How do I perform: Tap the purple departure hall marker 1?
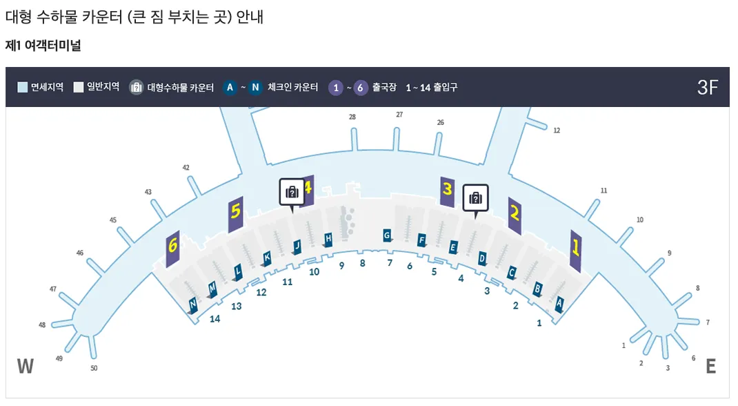pyautogui.click(x=575, y=251)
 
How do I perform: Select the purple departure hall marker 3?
pyautogui.click(x=447, y=191)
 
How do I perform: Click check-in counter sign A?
pyautogui.click(x=559, y=302)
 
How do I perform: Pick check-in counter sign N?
pyautogui.click(x=193, y=304)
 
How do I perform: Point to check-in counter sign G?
pyautogui.click(x=387, y=235)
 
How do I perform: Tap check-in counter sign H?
pyautogui.click(x=328, y=239)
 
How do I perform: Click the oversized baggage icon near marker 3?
pyautogui.click(x=475, y=197)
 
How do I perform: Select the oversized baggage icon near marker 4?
pyautogui.click(x=292, y=191)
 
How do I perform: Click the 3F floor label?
pyautogui.click(x=708, y=88)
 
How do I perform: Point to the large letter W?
pyautogui.click(x=26, y=366)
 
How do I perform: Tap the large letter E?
pyautogui.click(x=710, y=366)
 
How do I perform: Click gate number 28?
pyautogui.click(x=352, y=117)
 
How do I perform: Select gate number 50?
pyautogui.click(x=94, y=368)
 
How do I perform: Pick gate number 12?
pyautogui.click(x=557, y=130)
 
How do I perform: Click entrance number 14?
pyautogui.click(x=215, y=319)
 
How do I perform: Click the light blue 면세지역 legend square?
pyautogui.click(x=22, y=88)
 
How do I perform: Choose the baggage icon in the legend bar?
pyautogui.click(x=137, y=88)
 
